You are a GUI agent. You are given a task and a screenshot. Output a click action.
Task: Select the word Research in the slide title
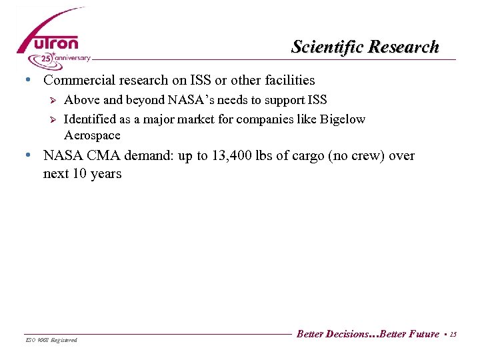coord(404,47)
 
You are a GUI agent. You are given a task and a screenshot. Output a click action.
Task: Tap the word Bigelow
coord(342,119)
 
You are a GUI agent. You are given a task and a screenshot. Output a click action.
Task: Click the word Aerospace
coord(92,135)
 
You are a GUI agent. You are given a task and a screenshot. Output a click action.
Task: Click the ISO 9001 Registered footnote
coord(51,340)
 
